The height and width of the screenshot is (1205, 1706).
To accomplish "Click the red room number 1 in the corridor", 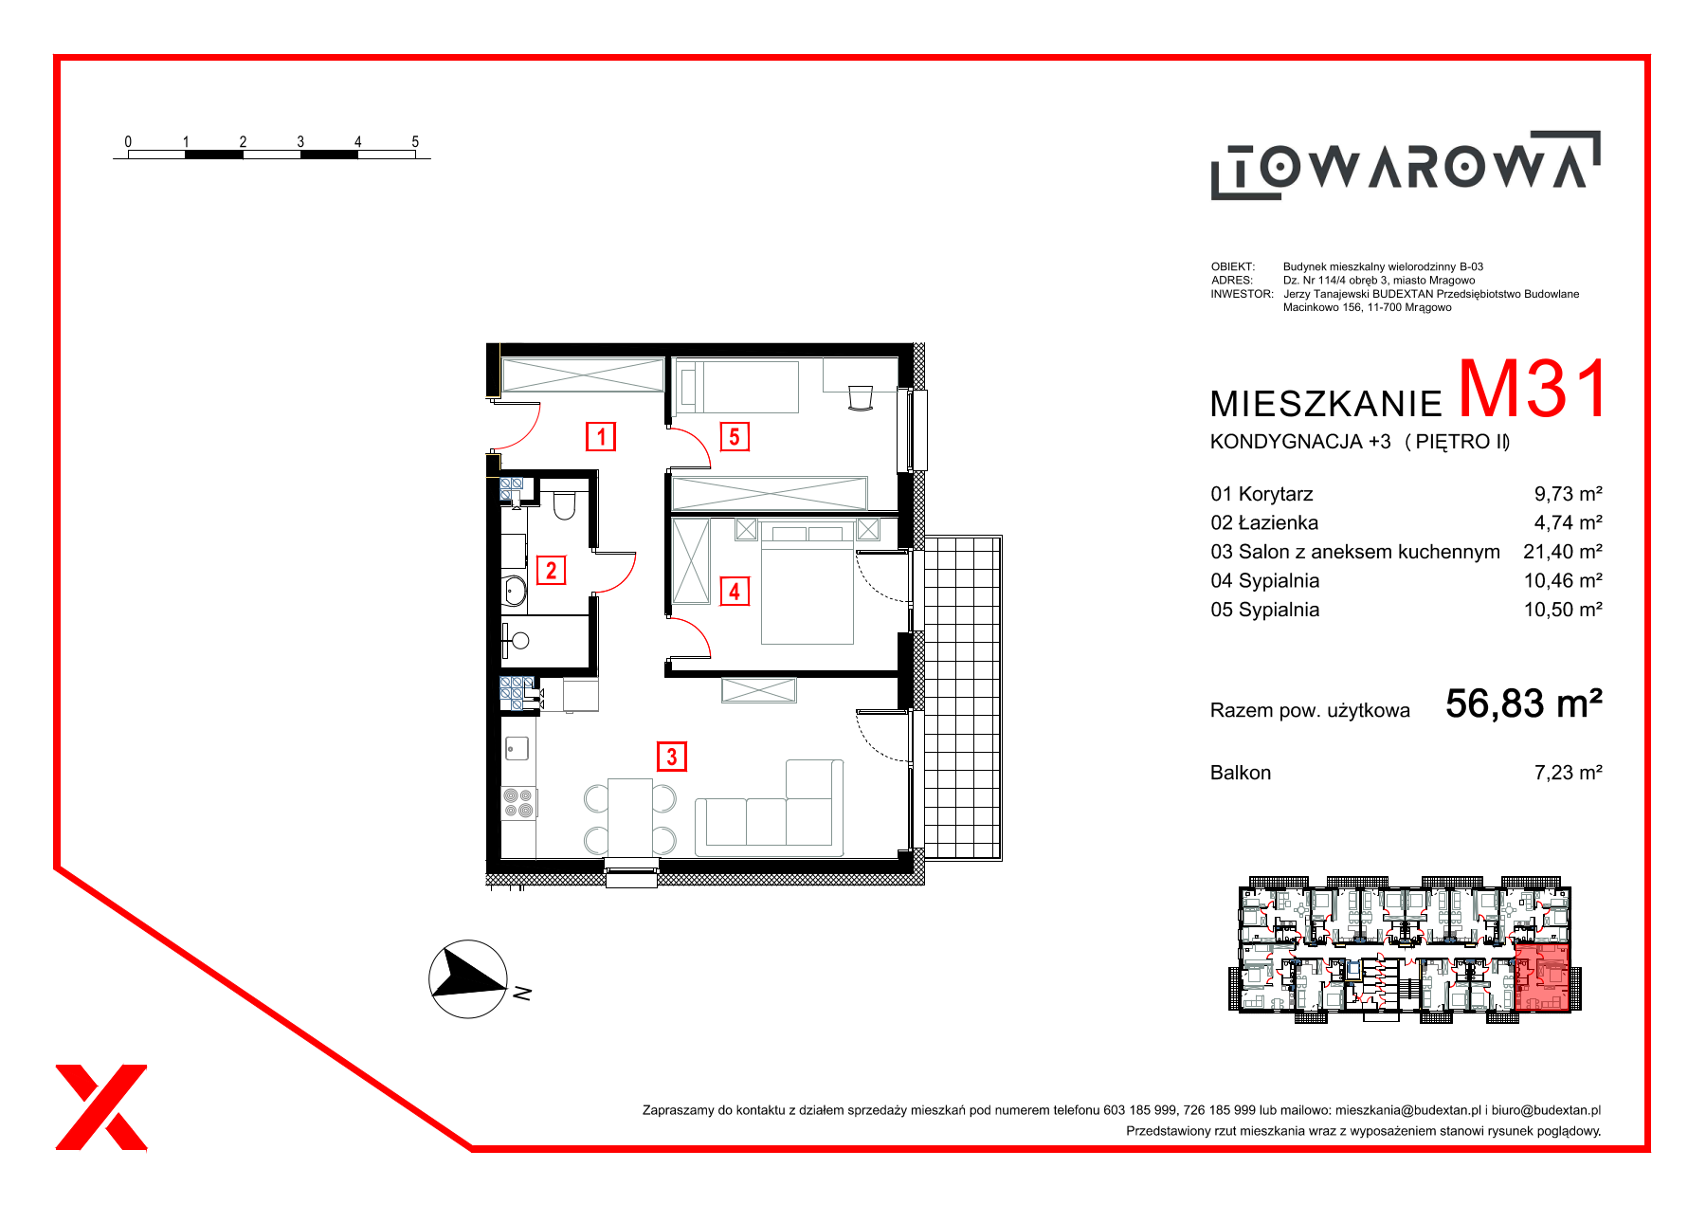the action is pos(601,437).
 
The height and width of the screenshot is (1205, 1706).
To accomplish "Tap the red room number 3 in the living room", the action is pos(672,757).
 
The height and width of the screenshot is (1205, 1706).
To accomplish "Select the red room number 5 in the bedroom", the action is pos(735,437).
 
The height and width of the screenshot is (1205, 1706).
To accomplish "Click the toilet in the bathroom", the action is pos(564,505).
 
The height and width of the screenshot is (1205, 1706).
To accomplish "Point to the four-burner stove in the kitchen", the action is pos(518,803).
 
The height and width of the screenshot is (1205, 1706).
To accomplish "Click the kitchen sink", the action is pos(517,749).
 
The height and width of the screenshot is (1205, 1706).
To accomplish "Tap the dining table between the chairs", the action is pos(630,817).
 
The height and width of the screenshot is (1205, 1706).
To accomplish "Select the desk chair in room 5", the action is pos(861,398).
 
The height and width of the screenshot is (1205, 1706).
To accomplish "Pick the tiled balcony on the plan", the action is pos(962,698).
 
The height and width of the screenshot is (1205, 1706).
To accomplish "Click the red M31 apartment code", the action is pos(1533,389).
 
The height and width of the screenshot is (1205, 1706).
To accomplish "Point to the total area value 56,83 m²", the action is pos(1523,703).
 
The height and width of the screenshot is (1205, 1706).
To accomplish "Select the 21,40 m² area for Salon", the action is pos(1562,552).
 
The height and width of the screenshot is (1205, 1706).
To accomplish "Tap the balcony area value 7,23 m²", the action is pos(1568,773).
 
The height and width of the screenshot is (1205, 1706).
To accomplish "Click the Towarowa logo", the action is pos(1406,165).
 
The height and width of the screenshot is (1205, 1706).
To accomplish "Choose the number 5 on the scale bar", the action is pos(415,141).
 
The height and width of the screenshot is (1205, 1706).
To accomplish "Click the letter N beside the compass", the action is pos(522,994).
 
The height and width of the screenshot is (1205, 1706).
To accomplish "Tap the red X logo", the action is pos(101,1107).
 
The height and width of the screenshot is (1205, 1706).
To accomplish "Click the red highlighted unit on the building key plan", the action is pos(1542,977).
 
